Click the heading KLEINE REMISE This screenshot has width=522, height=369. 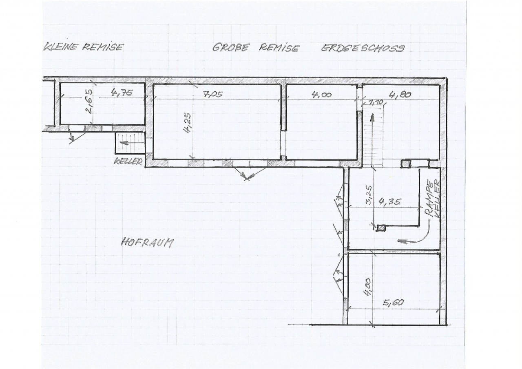point(83,47)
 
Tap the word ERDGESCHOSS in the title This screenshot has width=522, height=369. point(363,48)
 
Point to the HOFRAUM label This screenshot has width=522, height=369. point(147,243)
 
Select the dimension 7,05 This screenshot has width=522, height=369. point(213,94)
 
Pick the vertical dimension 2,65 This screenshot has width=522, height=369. point(89,102)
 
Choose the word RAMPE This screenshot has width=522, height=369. point(429,199)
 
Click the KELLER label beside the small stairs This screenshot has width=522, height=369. point(128,161)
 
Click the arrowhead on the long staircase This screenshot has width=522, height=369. point(373,118)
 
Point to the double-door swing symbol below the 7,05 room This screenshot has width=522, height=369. point(247,174)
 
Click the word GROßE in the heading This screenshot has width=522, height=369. point(231,47)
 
